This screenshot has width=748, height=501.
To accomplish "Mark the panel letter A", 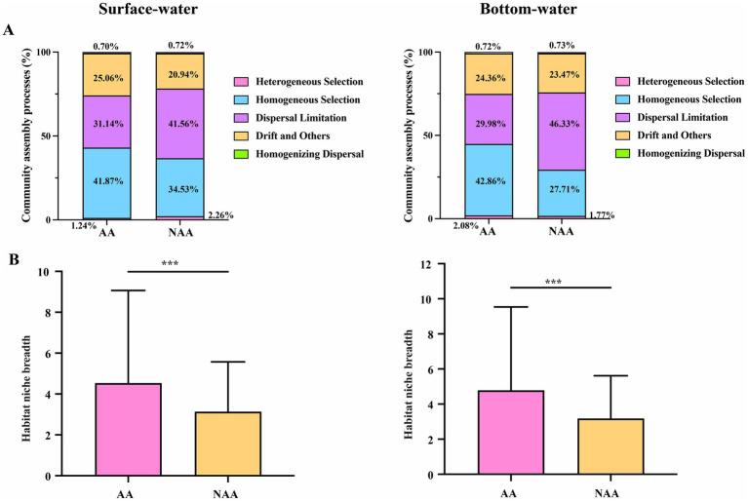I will click(10, 31).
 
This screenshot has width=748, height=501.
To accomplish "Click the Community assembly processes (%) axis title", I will click(14, 135).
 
